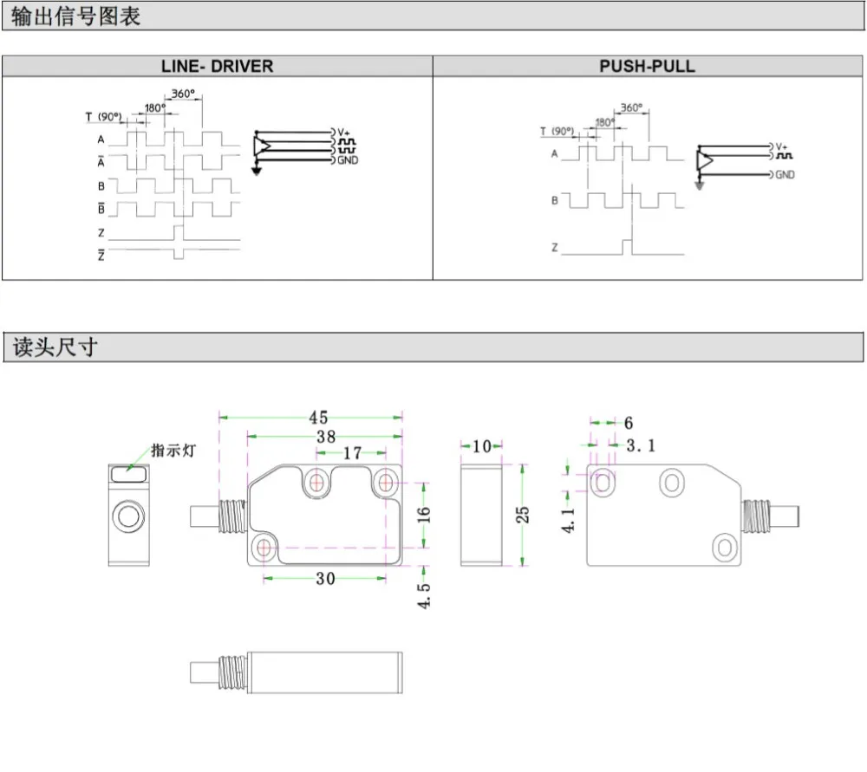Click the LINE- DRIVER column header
[217, 66]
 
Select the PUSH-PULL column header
[648, 66]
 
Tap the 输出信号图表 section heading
[76, 16]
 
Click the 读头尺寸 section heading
[54, 347]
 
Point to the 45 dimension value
[318, 418]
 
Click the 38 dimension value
[325, 437]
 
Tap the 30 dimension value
[325, 579]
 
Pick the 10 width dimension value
[482, 446]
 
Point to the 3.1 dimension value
[642, 445]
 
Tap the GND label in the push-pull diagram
[785, 175]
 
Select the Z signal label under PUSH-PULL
[554, 248]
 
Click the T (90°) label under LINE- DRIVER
[102, 116]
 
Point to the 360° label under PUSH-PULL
[631, 108]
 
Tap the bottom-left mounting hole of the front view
[264, 548]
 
